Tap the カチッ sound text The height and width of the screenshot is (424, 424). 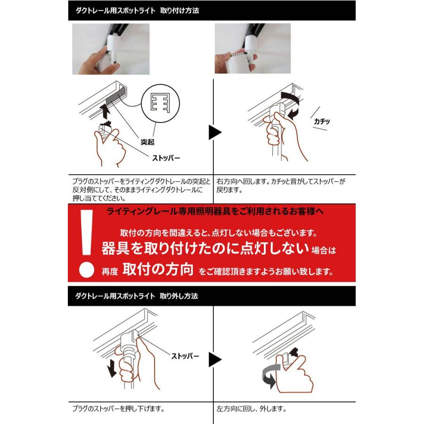point(322,122)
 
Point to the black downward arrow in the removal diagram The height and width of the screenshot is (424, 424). point(112,368)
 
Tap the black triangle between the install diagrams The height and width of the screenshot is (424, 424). point(215,132)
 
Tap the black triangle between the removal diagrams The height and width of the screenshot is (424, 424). point(215,360)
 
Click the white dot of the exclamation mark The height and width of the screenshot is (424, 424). point(85,270)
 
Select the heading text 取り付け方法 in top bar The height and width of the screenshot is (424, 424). point(179,10)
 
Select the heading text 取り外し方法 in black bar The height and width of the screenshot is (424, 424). point(179,296)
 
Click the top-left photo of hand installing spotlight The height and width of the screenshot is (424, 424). point(111,49)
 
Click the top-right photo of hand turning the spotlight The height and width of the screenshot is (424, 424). point(253,49)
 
